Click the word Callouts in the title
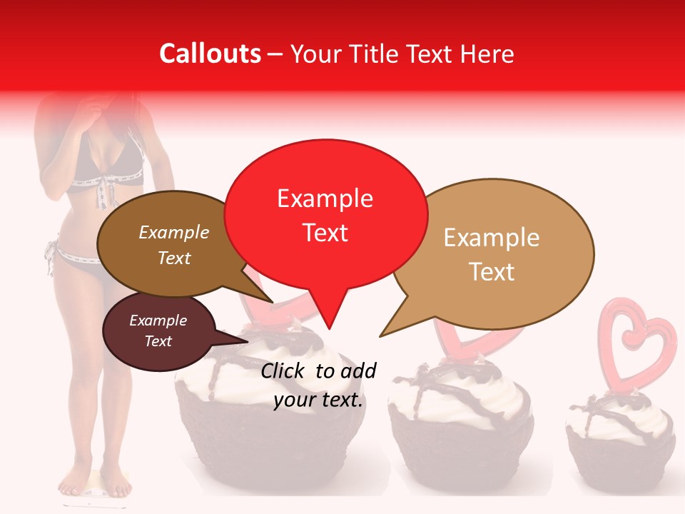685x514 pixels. [210, 54]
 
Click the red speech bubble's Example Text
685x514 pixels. [325, 215]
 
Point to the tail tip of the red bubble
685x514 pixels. [328, 328]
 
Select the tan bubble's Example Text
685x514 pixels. [492, 254]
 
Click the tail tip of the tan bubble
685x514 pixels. [380, 336]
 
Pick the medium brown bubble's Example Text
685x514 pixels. [174, 245]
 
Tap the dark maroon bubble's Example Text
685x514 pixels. [158, 331]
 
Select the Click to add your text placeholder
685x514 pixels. [318, 385]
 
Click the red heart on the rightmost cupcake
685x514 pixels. [636, 343]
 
